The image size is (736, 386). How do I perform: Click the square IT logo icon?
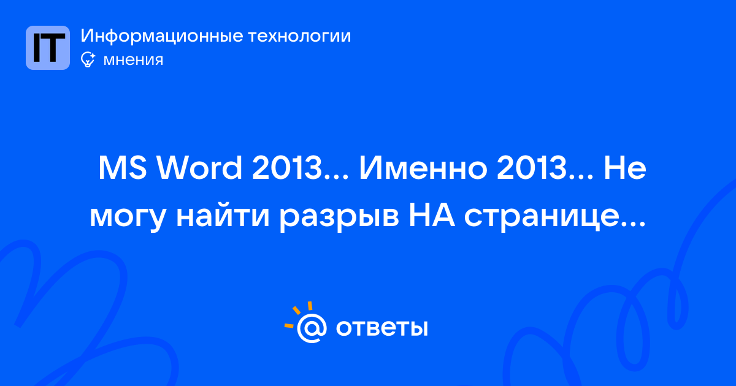tap(48, 48)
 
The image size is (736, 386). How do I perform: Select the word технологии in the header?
tap(300, 36)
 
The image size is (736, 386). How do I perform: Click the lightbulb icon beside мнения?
tap(88, 59)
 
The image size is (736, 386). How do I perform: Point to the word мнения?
tap(133, 60)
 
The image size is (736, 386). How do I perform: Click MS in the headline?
tap(123, 168)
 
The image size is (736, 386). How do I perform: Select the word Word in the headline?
tap(199, 167)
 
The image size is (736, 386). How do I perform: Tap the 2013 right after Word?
tap(287, 168)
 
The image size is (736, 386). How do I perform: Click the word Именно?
tap(423, 168)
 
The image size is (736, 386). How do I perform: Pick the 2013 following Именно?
tap(532, 168)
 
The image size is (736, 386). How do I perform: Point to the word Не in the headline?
tap(625, 168)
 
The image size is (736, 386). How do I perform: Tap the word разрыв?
tap(339, 219)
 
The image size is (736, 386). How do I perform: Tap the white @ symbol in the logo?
tap(312, 328)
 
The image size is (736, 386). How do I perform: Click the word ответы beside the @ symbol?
tap(381, 328)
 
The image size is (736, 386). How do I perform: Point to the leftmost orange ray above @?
tap(289, 325)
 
